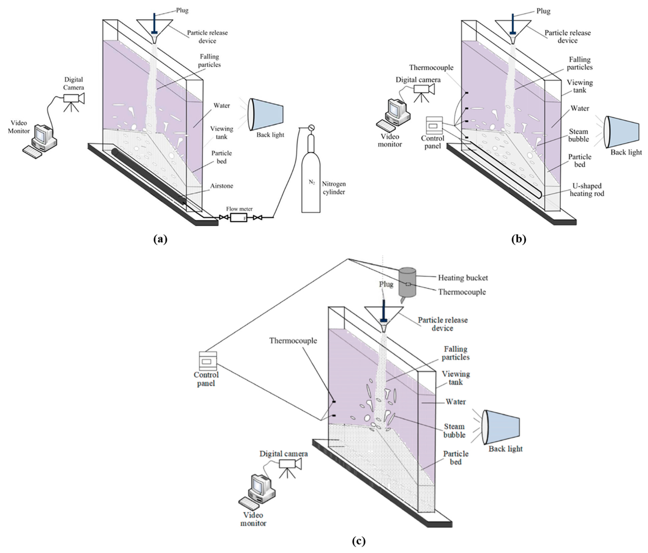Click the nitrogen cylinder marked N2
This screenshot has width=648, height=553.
(311, 184)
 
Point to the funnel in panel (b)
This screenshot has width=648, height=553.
(513, 30)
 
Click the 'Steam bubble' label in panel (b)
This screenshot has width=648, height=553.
(578, 135)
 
